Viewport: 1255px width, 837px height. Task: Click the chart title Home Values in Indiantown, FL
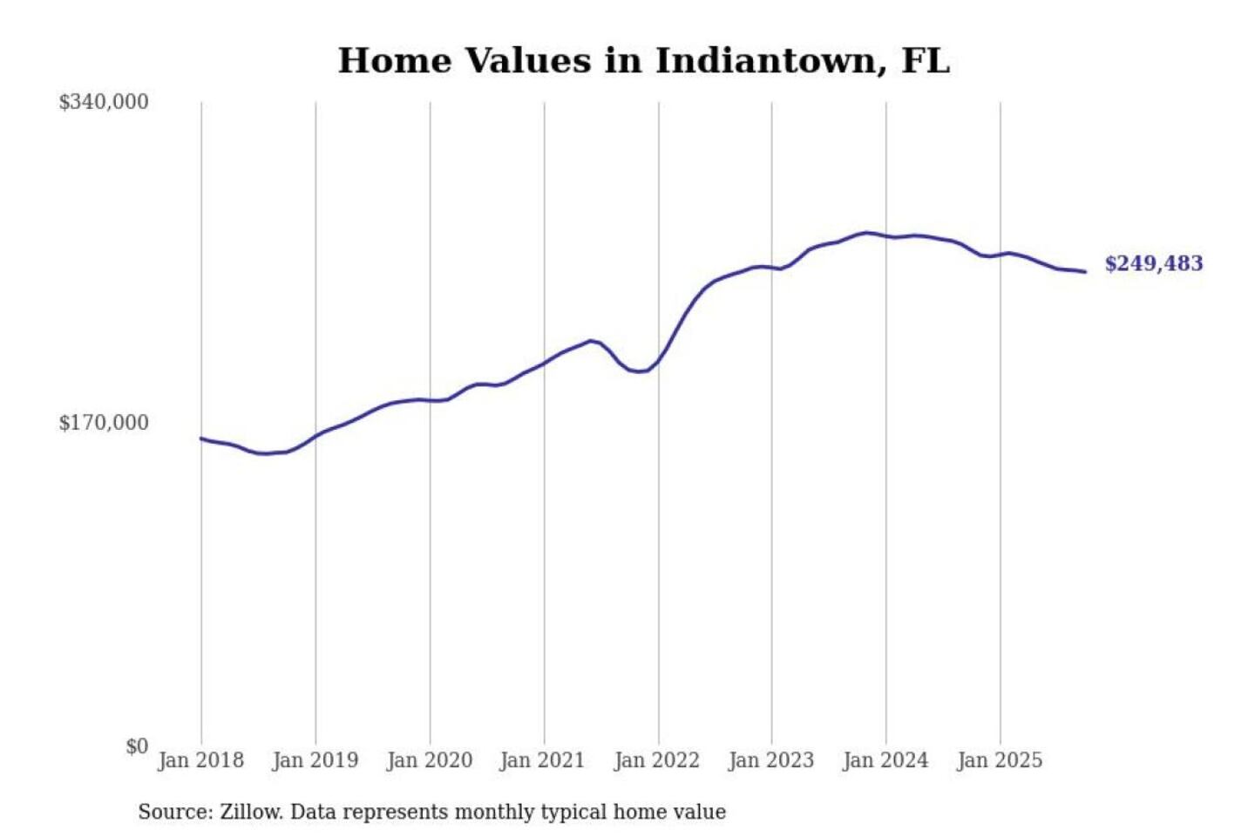pos(643,61)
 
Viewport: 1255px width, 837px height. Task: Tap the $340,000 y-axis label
pos(104,102)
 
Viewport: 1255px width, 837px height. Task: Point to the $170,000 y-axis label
pos(104,423)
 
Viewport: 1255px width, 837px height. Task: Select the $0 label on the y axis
pos(137,746)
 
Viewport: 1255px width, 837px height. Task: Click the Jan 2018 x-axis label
pos(200,760)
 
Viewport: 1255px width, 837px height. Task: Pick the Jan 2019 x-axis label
pos(315,760)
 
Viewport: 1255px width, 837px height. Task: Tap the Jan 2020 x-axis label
pos(429,760)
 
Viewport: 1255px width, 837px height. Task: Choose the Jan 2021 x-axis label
pos(542,760)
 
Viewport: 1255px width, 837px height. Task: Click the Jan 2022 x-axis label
pos(656,760)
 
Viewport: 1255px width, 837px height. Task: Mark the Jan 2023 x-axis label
pos(770,760)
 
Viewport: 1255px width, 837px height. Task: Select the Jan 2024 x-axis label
pos(885,760)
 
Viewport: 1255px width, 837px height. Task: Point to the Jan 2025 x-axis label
pos(999,760)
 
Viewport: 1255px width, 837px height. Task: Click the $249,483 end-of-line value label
pos(1153,263)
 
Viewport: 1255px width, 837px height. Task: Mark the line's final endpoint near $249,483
pos(1085,272)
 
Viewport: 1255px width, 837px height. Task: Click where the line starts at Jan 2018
pos(201,439)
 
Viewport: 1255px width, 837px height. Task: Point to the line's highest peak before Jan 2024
pos(865,233)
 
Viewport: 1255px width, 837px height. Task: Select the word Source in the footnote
pos(174,812)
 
